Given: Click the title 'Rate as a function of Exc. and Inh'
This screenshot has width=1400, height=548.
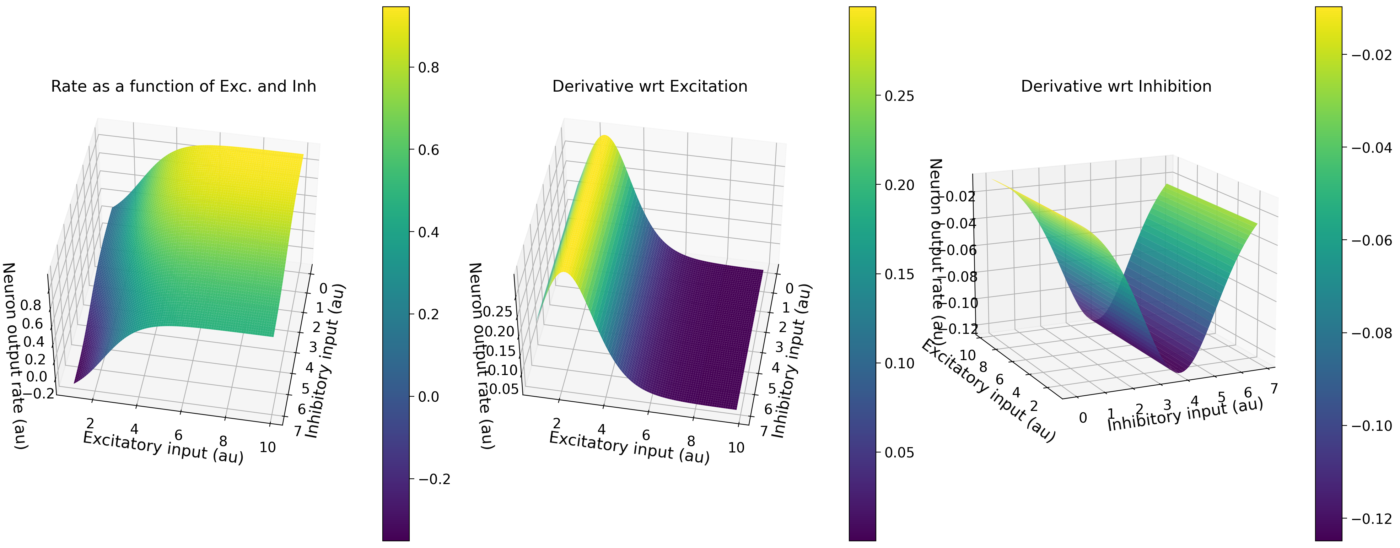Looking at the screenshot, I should [183, 86].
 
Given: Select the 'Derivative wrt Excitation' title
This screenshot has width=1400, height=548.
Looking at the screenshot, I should [650, 86].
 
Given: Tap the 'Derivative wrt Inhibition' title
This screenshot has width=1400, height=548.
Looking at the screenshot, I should [1116, 86].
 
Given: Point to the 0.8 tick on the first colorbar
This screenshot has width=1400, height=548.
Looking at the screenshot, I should [428, 68].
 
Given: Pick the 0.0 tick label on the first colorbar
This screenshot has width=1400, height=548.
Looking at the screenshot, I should [428, 396].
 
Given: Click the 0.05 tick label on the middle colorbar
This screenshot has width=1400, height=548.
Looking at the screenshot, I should [899, 452].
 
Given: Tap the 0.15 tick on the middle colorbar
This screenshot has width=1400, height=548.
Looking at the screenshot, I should [899, 274].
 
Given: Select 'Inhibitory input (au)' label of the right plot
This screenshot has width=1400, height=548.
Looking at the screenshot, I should [1185, 414].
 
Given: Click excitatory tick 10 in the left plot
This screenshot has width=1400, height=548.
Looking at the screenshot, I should [268, 447].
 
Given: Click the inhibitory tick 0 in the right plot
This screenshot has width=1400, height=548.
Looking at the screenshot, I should [1083, 418].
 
